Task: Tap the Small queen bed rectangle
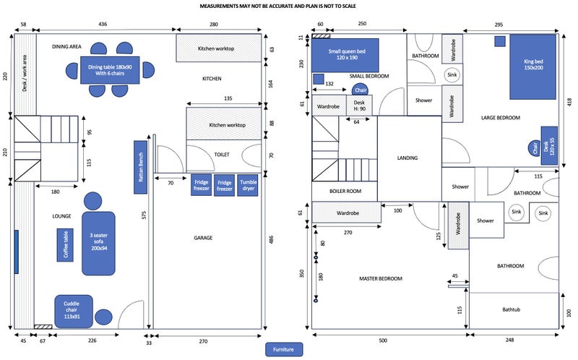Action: (345, 55)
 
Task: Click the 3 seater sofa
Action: (99, 243)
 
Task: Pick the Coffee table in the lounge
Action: (64, 245)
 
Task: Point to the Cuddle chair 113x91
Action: (74, 310)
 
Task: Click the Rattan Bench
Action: (142, 166)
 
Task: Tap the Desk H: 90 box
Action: (360, 106)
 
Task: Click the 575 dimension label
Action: (145, 215)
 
